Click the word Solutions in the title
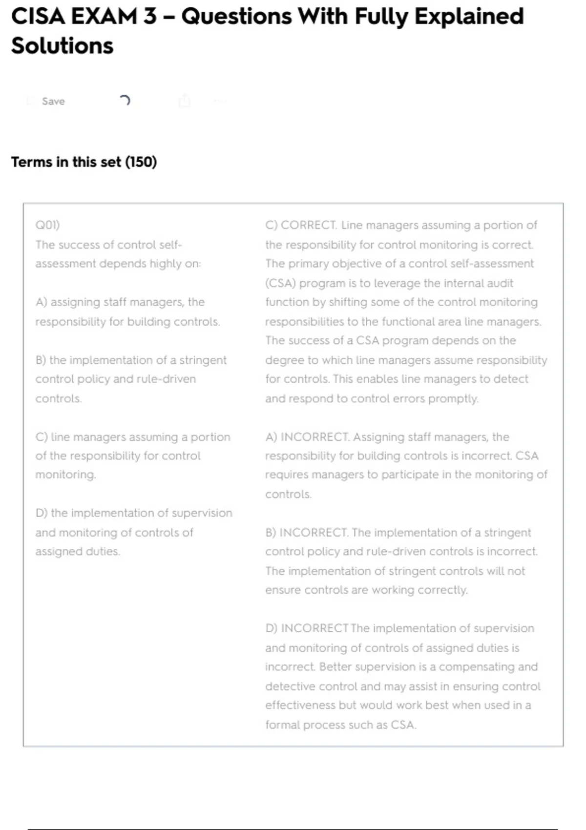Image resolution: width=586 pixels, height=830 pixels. point(62,46)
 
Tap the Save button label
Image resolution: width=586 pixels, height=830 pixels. point(53,101)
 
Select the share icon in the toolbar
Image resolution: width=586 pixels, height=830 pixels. point(184,101)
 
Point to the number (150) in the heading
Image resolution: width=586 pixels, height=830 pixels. point(141,162)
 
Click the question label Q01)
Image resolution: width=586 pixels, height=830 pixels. point(47,225)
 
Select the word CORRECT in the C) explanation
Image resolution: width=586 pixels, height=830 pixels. point(308,225)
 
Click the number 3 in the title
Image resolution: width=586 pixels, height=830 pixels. point(150,17)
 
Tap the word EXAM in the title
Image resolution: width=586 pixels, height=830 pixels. point(105,17)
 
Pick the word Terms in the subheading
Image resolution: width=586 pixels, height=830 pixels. point(31,162)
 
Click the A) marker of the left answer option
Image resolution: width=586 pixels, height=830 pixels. point(41,302)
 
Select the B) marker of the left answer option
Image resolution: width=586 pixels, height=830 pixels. point(41,360)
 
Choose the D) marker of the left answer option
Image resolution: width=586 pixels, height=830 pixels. point(41,513)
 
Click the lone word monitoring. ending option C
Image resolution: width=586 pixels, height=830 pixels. point(65,475)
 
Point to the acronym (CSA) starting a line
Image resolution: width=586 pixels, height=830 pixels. point(280,283)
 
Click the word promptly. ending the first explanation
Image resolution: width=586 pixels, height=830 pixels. point(453,399)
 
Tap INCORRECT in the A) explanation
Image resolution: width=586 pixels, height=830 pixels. point(314,437)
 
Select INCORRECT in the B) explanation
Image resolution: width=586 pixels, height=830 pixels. point(313,533)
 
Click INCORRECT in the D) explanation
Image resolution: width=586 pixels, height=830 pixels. point(314,628)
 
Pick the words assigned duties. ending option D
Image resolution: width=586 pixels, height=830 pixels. point(77,552)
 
